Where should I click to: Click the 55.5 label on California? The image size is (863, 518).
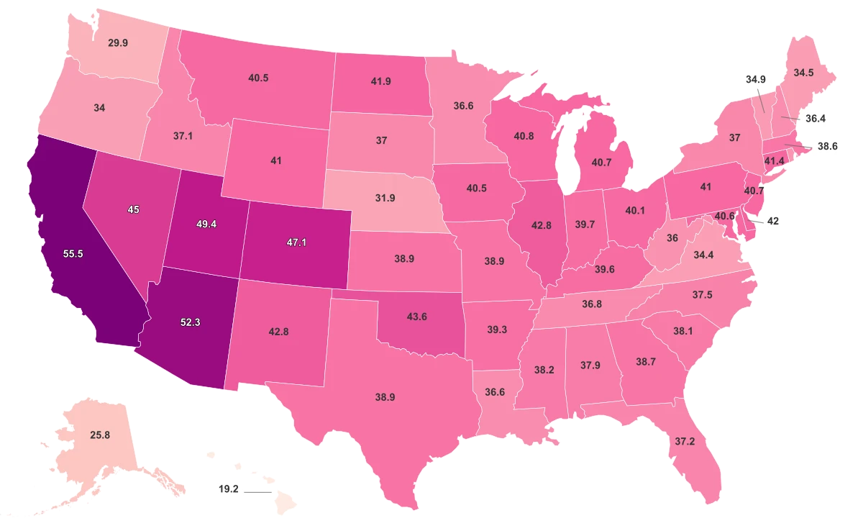coord(73,254)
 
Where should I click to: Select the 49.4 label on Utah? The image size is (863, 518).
coord(206,224)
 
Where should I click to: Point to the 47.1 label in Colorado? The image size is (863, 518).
coord(297,242)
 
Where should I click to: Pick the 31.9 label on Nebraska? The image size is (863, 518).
coord(385,198)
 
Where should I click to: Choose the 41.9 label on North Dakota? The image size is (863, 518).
coord(381,81)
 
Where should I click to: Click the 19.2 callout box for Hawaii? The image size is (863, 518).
coord(228,489)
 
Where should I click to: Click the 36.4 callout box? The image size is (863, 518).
coord(815,118)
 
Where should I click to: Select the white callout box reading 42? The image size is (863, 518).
coord(773,222)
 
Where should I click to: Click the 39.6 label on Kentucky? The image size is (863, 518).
coord(605,269)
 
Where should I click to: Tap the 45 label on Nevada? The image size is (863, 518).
coord(133,209)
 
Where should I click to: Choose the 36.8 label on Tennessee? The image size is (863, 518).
coord(592,304)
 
